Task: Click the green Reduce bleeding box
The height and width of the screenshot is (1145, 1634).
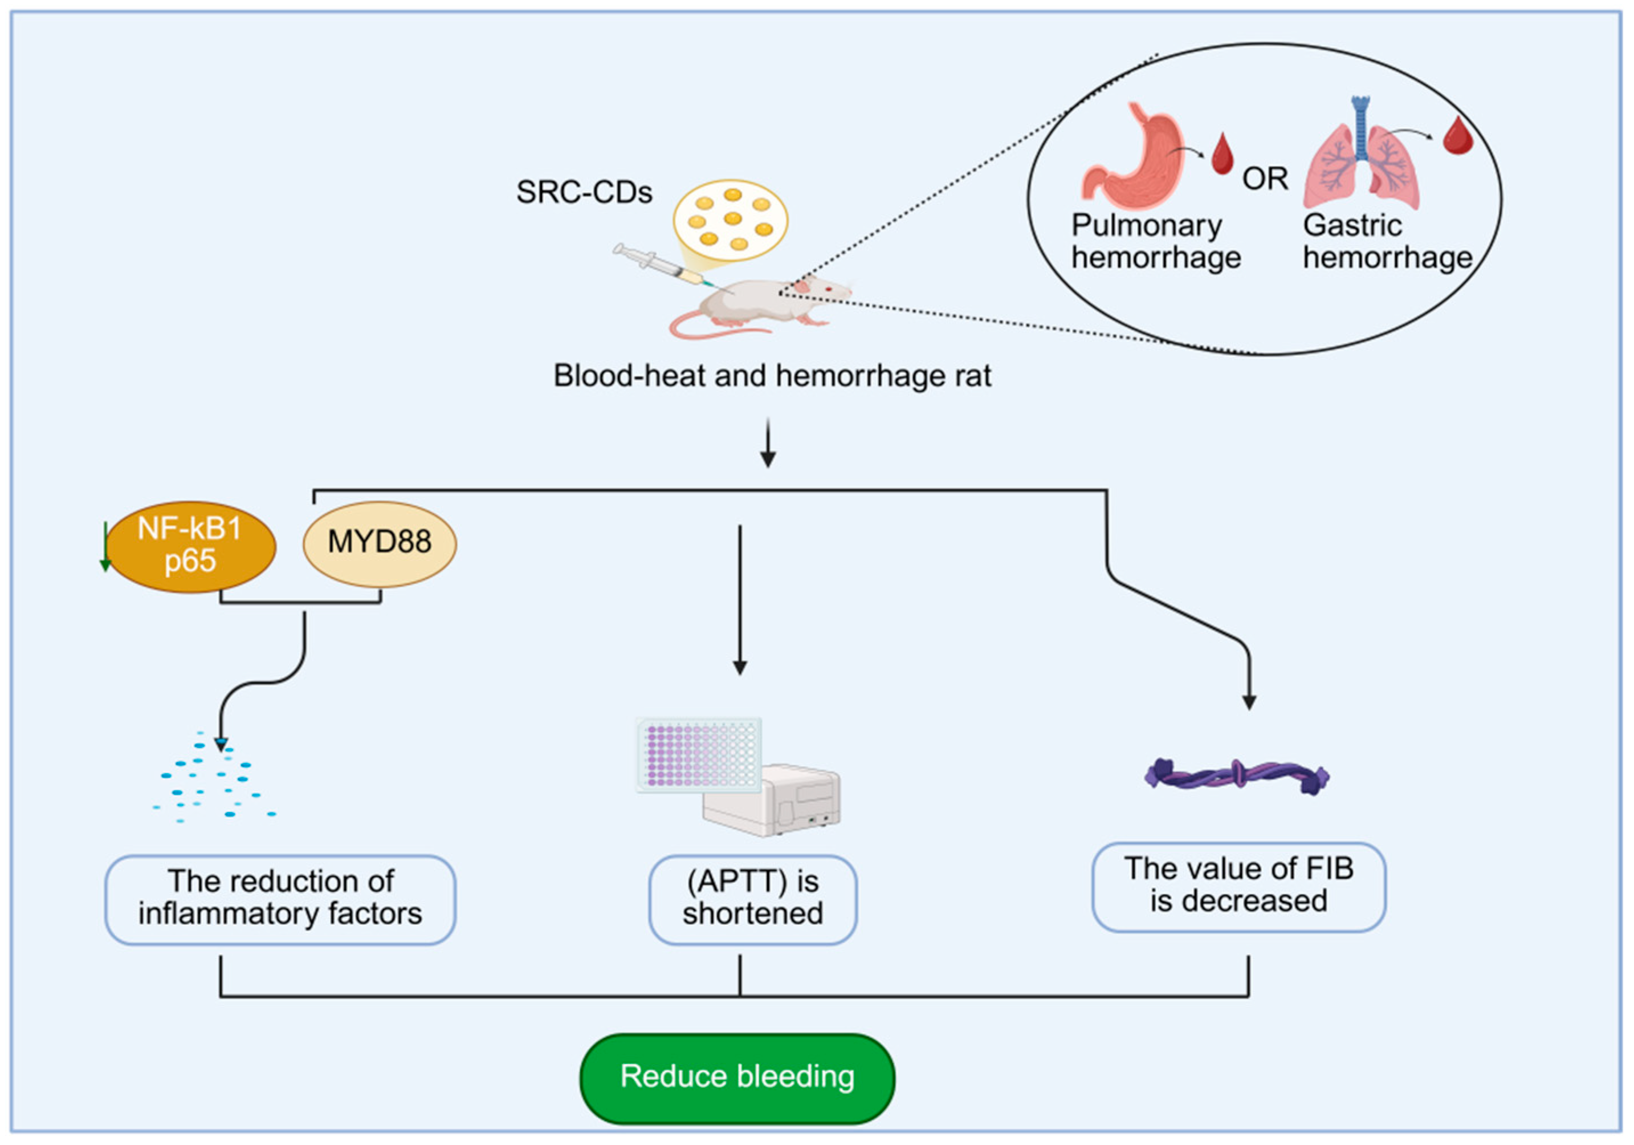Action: click(x=737, y=1076)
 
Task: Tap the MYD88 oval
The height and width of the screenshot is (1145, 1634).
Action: click(x=380, y=543)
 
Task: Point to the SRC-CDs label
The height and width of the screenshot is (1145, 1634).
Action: click(x=584, y=192)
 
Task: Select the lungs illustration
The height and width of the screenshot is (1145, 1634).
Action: click(x=1361, y=160)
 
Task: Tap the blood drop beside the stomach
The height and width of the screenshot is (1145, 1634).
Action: click(x=1222, y=153)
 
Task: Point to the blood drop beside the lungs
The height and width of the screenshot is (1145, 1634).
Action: click(x=1457, y=135)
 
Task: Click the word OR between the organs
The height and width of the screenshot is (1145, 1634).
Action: click(x=1265, y=178)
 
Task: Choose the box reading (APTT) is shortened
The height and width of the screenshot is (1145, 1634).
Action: click(x=752, y=899)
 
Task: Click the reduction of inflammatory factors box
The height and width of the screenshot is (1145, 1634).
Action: click(x=280, y=899)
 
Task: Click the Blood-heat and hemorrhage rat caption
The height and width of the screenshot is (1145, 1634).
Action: click(x=772, y=375)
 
